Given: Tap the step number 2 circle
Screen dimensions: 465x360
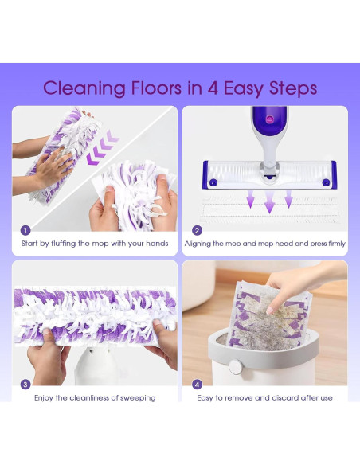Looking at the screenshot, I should pyautogui.click(x=197, y=230).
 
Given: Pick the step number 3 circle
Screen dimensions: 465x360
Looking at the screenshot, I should pyautogui.click(x=25, y=383).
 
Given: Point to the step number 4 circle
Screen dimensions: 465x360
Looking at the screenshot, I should pyautogui.click(x=197, y=383).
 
